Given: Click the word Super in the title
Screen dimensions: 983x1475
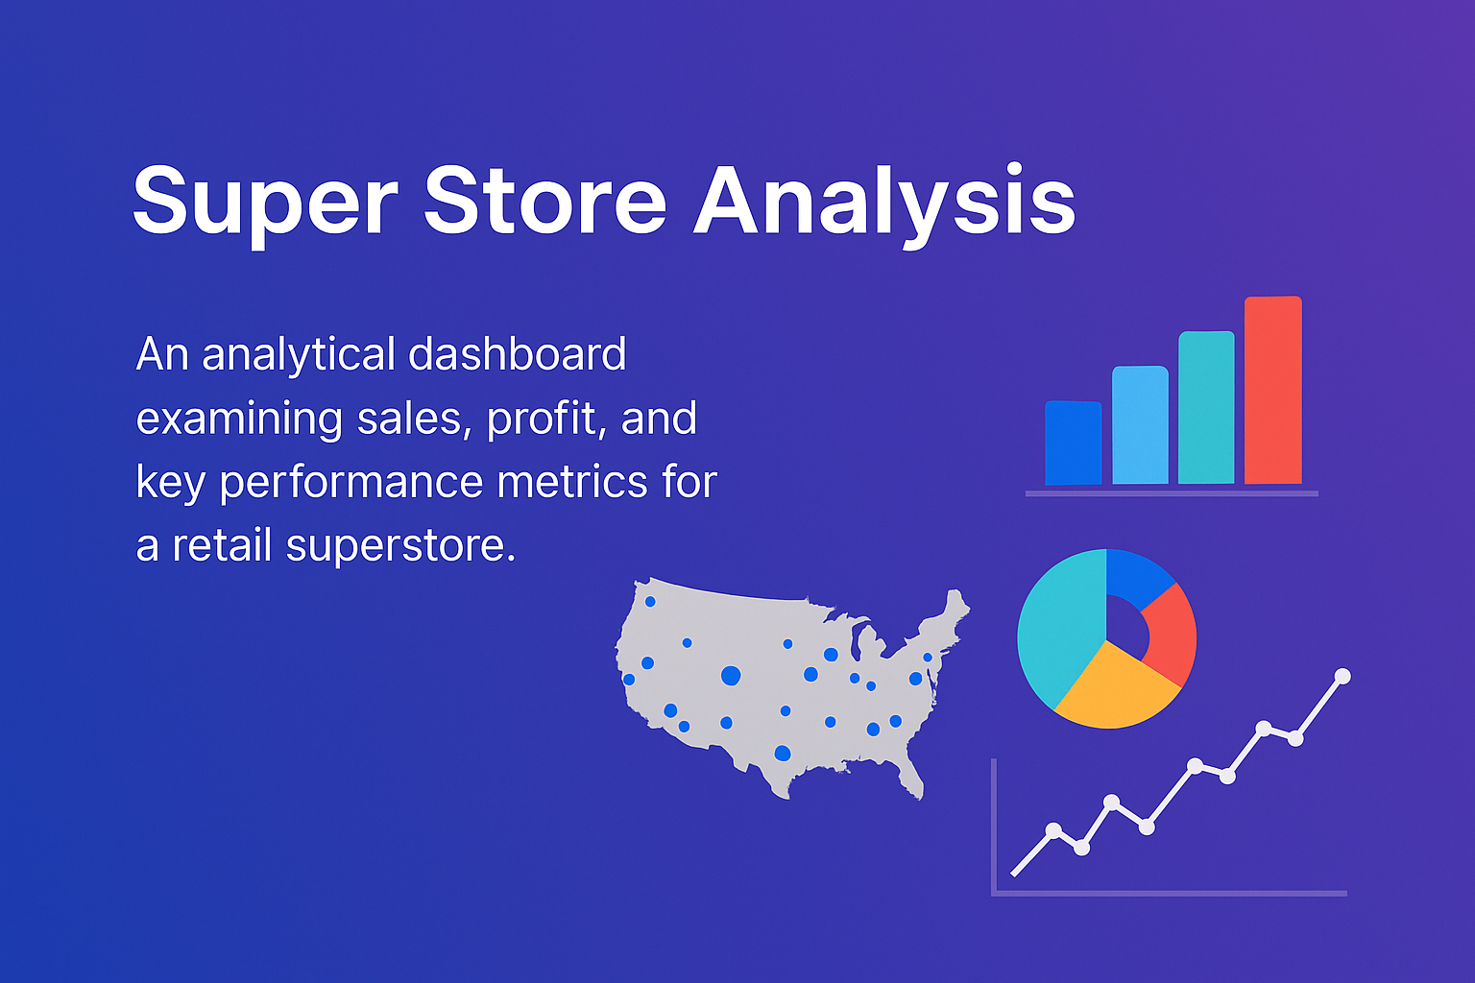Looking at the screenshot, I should tap(264, 202).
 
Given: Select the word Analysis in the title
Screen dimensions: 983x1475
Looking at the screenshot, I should tap(883, 202).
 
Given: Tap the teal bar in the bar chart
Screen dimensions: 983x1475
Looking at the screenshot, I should tap(1206, 407).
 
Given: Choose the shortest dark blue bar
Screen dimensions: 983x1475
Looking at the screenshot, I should tap(1073, 443).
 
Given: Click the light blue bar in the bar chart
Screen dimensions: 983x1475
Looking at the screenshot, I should tap(1140, 424).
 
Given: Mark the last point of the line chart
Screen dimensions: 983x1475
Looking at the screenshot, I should tap(1342, 677).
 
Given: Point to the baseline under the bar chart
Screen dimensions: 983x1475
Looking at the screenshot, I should tap(1172, 493).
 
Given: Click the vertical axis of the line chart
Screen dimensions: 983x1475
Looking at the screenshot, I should tap(994, 826).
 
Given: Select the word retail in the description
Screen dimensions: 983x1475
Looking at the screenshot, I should tap(224, 546).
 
